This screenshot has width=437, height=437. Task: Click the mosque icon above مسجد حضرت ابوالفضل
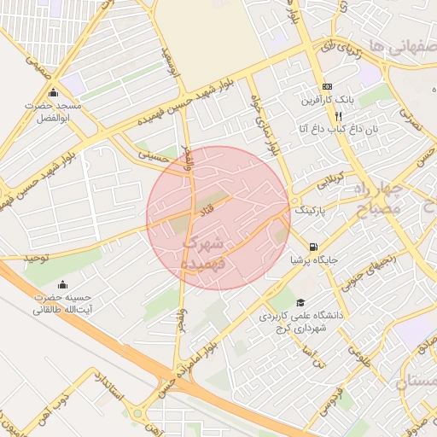click(x=53, y=93)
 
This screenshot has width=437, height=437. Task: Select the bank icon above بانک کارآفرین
click(x=328, y=87)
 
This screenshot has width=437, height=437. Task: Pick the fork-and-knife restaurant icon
click(x=339, y=116)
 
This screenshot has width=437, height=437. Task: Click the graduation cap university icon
click(x=300, y=303)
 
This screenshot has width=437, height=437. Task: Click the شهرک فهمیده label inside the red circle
click(x=203, y=254)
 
